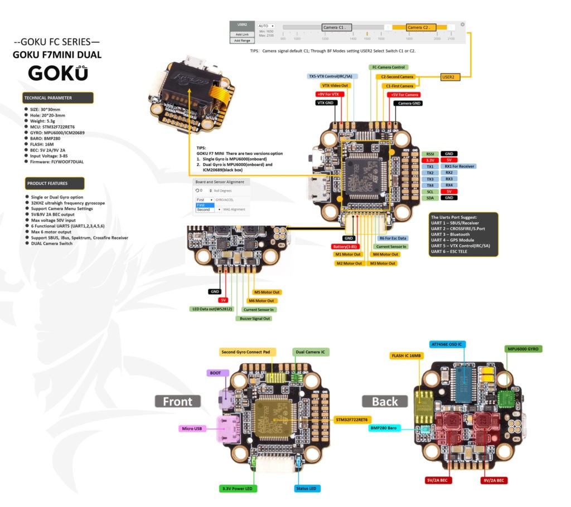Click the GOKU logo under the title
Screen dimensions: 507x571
click(x=57, y=74)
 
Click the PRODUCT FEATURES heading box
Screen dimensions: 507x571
click(x=54, y=183)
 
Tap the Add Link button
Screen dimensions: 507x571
click(x=241, y=34)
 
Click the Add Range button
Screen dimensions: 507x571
click(x=241, y=41)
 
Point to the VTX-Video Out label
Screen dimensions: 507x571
click(x=335, y=85)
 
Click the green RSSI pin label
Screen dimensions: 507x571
click(x=430, y=153)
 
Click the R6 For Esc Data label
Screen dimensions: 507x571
click(x=393, y=238)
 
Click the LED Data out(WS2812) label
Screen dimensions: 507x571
click(x=213, y=309)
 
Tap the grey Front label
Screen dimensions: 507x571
click(x=177, y=401)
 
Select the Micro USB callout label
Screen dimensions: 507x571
click(x=190, y=428)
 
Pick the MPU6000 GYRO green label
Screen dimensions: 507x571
click(x=524, y=349)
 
